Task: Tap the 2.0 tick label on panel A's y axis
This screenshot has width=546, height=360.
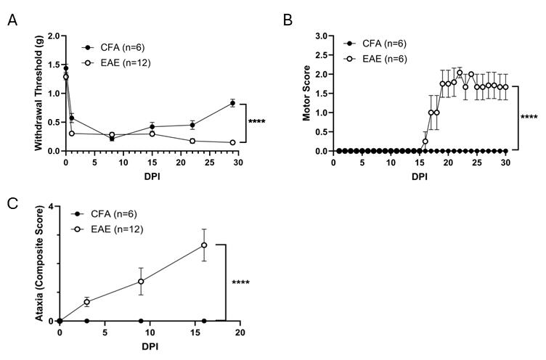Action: (52, 36)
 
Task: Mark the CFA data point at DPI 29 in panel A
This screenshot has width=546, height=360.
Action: (232, 103)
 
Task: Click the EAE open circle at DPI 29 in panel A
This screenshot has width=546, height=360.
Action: (232, 143)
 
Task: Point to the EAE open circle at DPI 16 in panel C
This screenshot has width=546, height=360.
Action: (204, 245)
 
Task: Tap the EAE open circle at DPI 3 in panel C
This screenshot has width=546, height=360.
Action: (86, 302)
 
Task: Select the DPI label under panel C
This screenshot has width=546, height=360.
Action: (150, 345)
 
